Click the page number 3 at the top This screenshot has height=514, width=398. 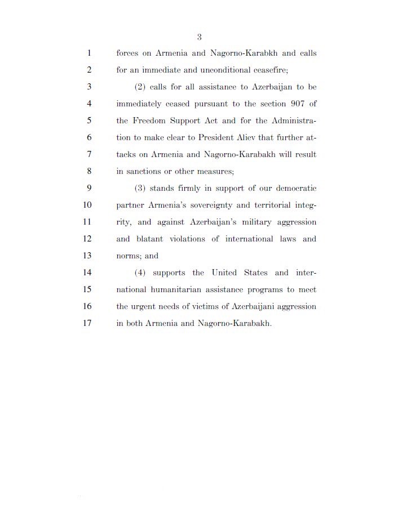click(199, 37)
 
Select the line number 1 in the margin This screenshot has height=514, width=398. click(89, 53)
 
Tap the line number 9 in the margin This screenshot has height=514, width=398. click(89, 188)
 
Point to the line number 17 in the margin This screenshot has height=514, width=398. click(87, 324)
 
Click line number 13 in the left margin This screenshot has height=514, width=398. click(87, 256)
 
